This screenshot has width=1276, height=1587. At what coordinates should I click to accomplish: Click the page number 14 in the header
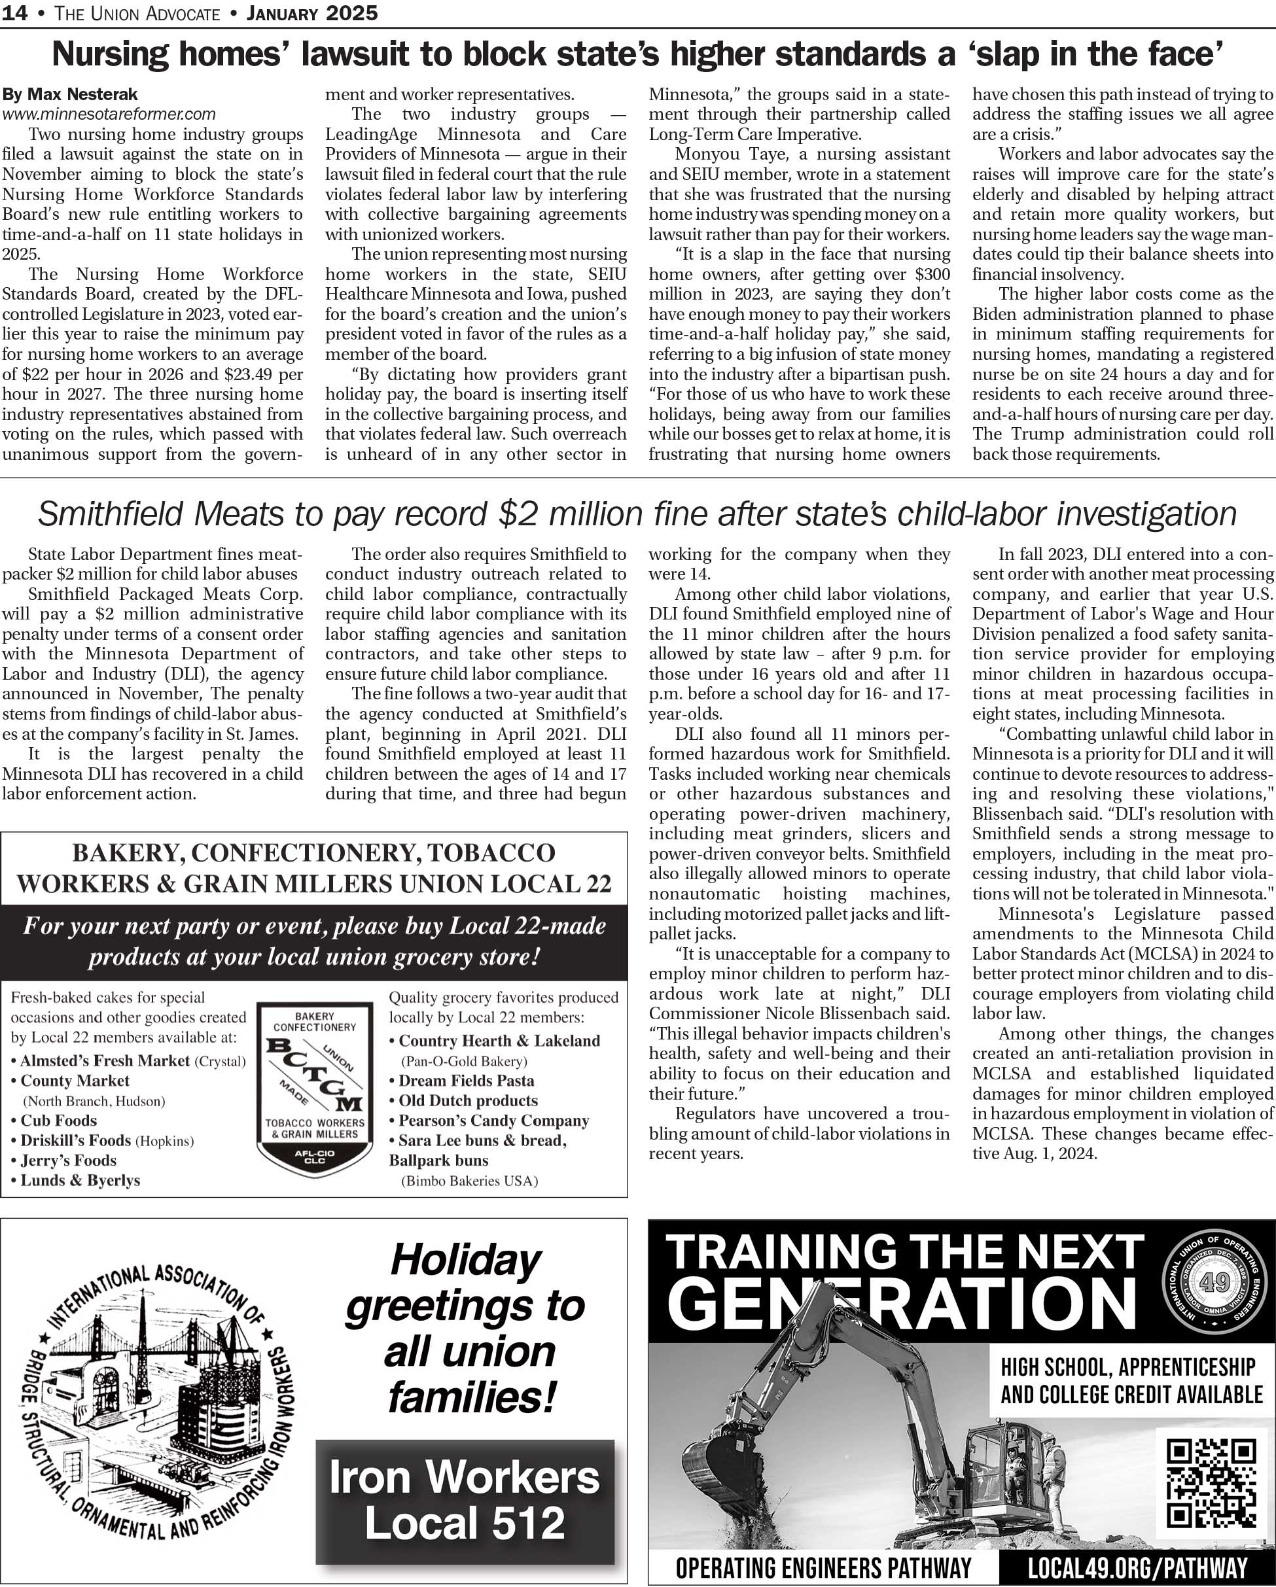point(15,13)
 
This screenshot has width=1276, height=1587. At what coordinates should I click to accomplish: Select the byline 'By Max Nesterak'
point(70,94)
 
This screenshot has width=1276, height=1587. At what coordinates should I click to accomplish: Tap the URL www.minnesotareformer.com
point(109,114)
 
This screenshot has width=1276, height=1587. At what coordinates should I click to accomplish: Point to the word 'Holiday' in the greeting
point(466,1259)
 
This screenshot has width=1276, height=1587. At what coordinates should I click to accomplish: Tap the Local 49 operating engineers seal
point(1215,1282)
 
